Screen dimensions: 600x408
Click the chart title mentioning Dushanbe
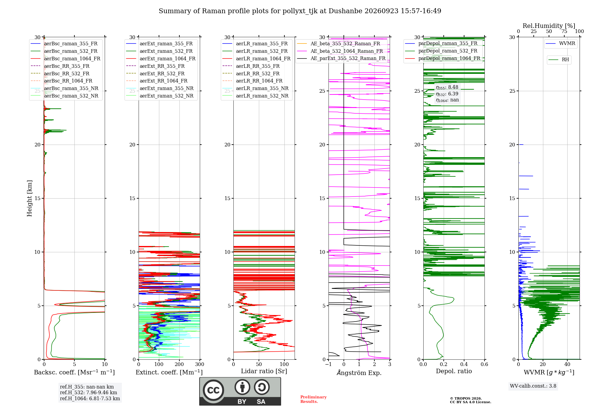click(300, 11)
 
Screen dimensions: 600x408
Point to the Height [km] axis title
click(29, 198)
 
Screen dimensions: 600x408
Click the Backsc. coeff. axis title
click(74, 372)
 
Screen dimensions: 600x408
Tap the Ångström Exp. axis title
click(359, 373)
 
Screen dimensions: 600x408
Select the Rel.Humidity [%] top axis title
click(549, 26)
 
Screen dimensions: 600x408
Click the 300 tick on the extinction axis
click(200, 364)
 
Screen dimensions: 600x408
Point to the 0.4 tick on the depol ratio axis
click(464, 364)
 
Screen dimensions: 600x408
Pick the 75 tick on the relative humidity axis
click(564, 31)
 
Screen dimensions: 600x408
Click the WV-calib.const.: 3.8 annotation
click(533, 386)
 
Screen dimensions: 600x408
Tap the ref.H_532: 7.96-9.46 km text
click(88, 392)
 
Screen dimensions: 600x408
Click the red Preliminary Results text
click(313, 399)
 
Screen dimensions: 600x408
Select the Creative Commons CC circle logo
click(213, 390)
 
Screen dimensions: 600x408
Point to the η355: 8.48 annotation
click(447, 87)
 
